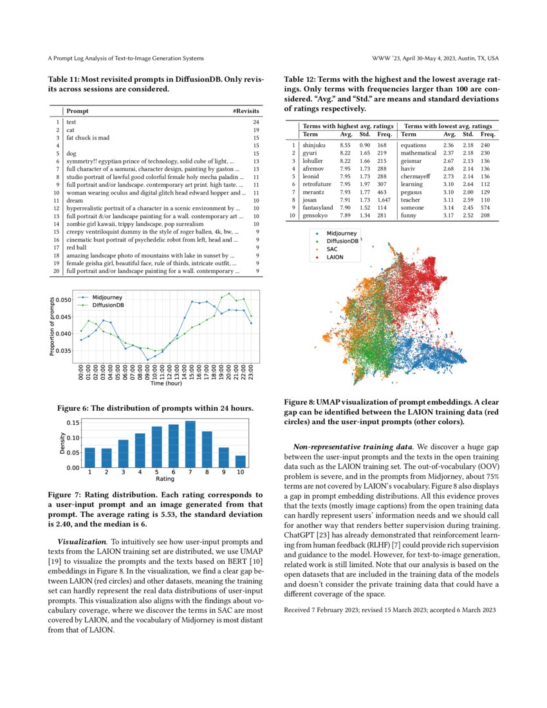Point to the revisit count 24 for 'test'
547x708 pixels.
pos(255,122)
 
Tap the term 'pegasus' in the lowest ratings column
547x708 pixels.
pos(412,192)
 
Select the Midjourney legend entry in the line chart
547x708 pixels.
pos(107,298)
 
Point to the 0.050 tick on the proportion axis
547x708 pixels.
pos(64,300)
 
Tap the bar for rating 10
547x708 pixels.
pos(240,461)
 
